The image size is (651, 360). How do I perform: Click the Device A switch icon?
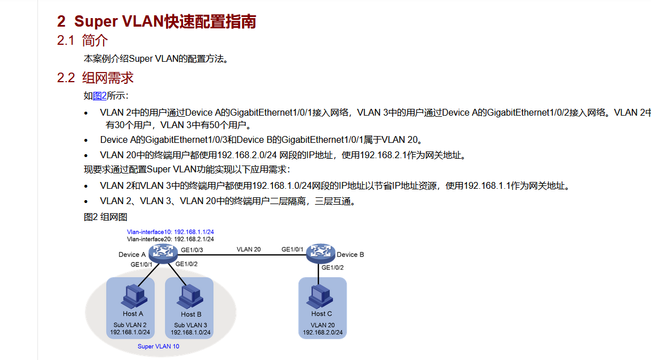160,253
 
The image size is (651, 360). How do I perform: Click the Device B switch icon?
321,253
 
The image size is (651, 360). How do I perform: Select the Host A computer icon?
133,295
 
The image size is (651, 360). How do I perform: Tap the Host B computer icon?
191,295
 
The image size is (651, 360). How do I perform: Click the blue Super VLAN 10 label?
159,346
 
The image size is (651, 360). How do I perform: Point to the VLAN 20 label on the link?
249,249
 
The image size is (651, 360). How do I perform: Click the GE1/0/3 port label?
192,250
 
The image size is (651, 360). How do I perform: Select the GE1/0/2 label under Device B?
333,268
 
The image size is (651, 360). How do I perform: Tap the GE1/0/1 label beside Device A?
142,265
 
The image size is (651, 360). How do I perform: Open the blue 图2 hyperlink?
100,96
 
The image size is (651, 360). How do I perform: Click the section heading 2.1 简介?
82,41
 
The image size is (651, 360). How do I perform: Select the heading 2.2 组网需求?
95,78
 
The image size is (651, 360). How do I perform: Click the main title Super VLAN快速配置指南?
156,22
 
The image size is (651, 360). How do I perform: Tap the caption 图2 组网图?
105,217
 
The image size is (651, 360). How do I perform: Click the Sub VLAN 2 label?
130,325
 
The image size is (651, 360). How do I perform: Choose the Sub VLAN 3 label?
190,325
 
